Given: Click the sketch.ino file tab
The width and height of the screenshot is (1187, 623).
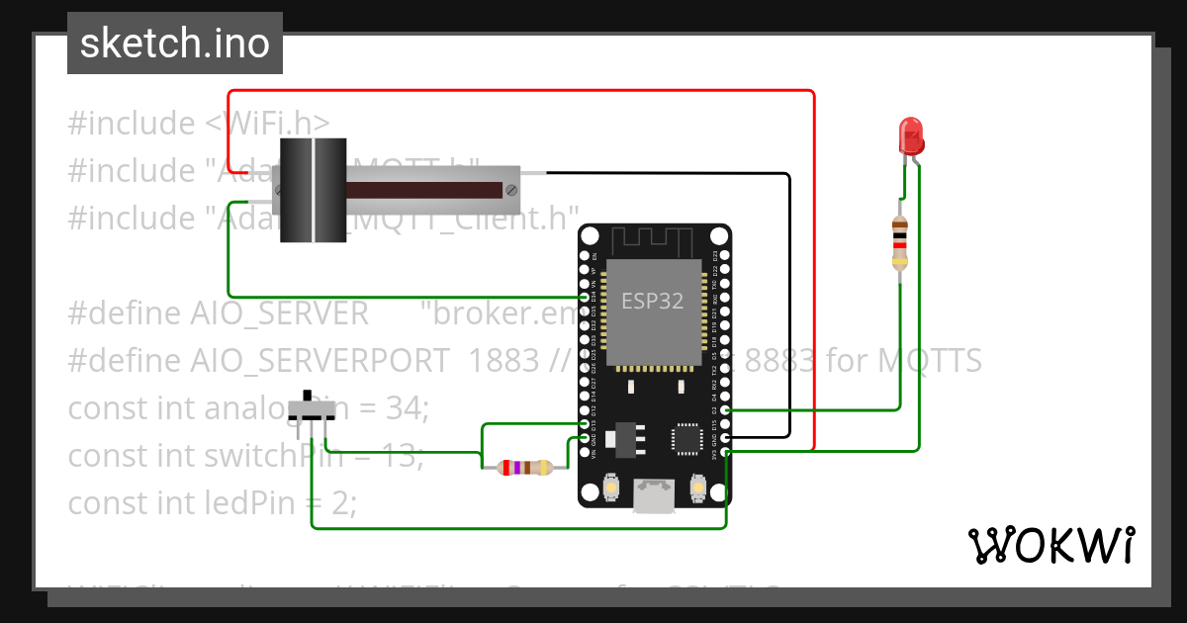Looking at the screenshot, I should (x=174, y=44).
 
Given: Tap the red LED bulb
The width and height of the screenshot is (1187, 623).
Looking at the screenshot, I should (x=910, y=135).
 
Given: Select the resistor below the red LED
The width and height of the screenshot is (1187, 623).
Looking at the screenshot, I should (x=899, y=241).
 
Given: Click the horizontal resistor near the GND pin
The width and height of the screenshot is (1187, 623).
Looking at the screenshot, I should (x=524, y=468).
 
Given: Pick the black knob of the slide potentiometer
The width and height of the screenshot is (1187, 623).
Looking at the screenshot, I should (x=313, y=190).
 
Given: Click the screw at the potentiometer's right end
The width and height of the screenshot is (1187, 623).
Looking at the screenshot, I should (x=510, y=189).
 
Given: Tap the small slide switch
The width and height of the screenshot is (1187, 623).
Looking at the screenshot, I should (x=313, y=408).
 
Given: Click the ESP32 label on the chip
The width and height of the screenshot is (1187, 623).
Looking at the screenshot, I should (x=652, y=302).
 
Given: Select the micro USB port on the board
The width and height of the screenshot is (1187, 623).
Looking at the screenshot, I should (x=653, y=495).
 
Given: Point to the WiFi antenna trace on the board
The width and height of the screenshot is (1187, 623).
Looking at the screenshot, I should (x=653, y=240).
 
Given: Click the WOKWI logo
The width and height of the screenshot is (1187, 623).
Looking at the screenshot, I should (x=1050, y=545).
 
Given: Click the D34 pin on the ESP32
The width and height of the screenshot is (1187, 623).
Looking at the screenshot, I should (x=584, y=297).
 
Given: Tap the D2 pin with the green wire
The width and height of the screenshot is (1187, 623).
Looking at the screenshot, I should (x=726, y=409).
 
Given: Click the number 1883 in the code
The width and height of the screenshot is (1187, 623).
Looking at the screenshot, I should (x=504, y=361).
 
